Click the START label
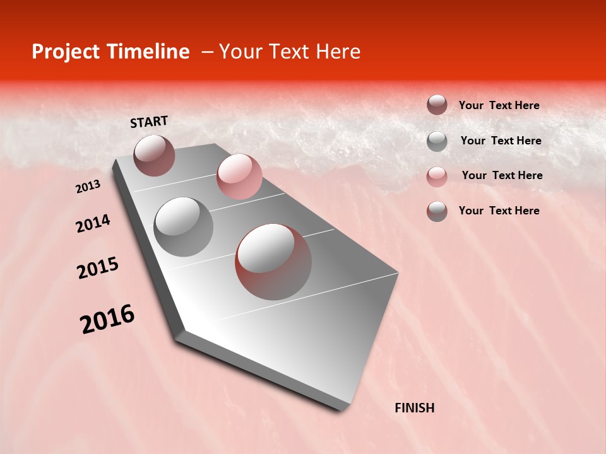tap(149, 122)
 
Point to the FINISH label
tap(414, 408)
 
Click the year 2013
tap(88, 187)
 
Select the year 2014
tap(93, 223)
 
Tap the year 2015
tap(98, 268)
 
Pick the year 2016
tap(107, 319)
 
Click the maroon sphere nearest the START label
tap(154, 155)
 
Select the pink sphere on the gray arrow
tap(239, 176)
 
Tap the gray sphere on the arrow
tap(183, 226)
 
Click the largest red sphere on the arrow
tap(273, 262)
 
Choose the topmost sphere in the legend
tap(437, 105)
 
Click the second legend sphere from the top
tap(437, 141)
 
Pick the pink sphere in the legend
tap(437, 177)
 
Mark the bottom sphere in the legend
tap(437, 211)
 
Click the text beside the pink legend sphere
tap(502, 175)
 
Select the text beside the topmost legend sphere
tap(499, 105)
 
